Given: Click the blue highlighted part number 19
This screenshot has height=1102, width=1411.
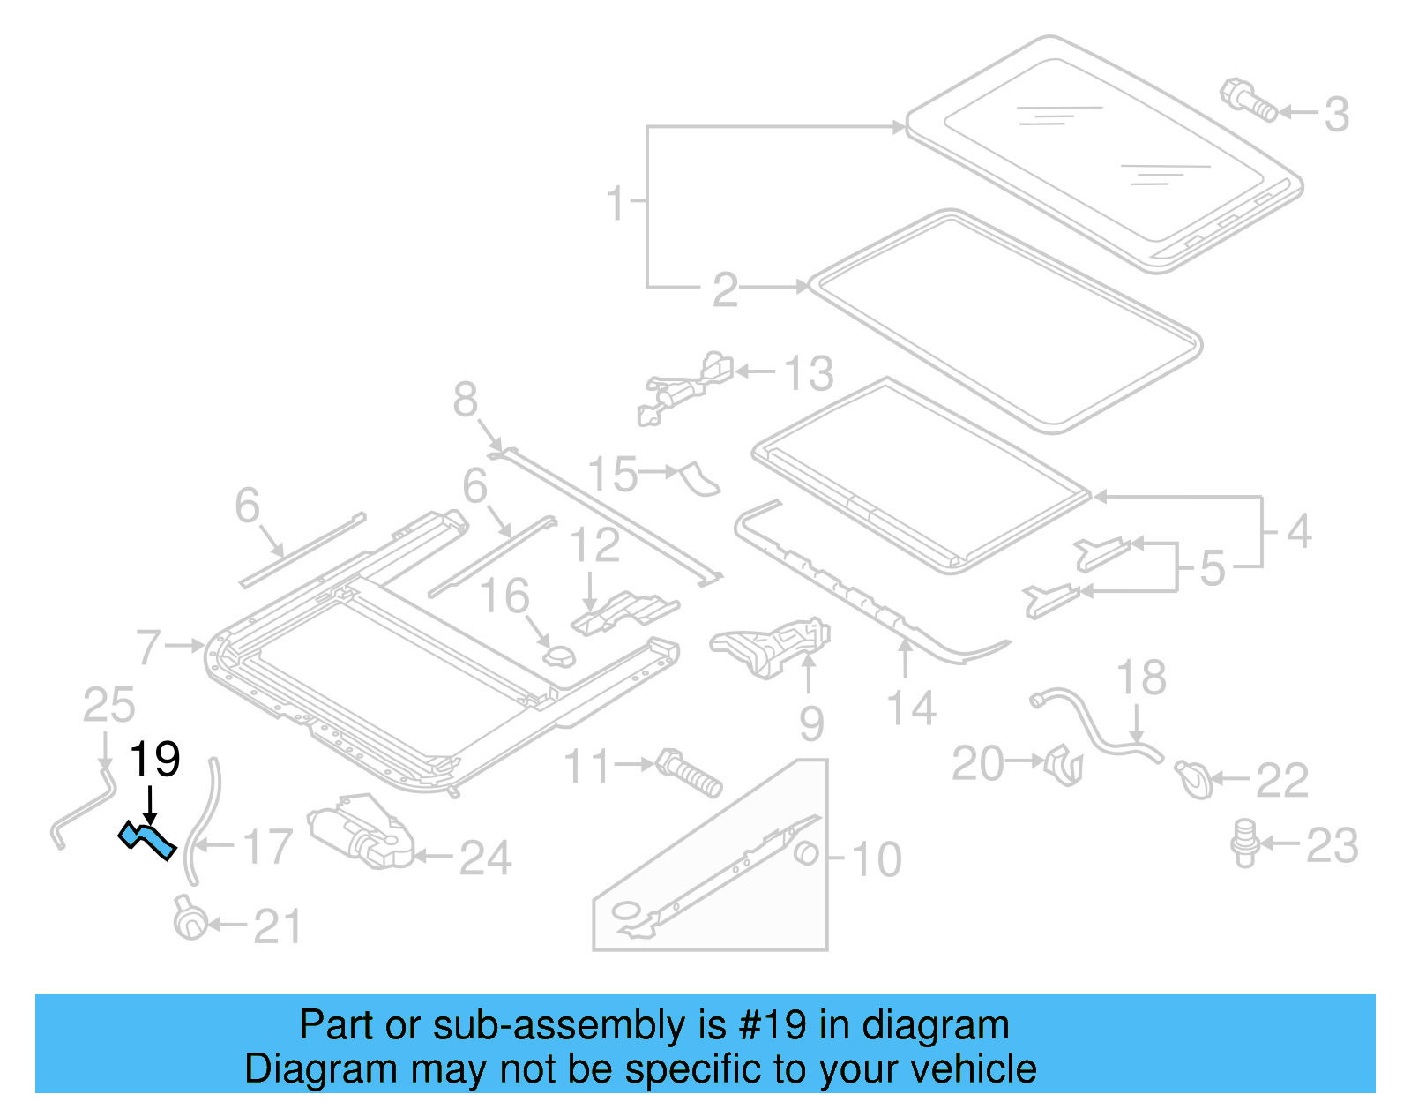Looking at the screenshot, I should [x=147, y=840].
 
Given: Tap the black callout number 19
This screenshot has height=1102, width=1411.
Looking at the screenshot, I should [x=155, y=760].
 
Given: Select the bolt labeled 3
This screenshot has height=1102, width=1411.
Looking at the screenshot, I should [x=1248, y=100].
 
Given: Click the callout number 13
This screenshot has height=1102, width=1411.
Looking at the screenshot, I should [x=808, y=373].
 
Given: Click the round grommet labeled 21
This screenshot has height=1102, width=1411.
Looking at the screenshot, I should [x=190, y=921].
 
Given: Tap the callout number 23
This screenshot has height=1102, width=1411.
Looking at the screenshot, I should [x=1332, y=845].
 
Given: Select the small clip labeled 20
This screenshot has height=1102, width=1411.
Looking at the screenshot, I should [x=1064, y=764].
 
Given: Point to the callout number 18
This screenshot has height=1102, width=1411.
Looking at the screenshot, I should [x=1141, y=678].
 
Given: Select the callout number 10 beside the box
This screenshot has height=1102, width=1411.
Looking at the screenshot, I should [x=877, y=858].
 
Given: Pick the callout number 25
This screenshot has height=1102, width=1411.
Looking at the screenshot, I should [x=108, y=705].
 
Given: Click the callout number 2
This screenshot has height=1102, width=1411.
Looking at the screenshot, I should [x=725, y=289].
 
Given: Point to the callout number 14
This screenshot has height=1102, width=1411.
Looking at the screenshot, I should [x=911, y=708].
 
